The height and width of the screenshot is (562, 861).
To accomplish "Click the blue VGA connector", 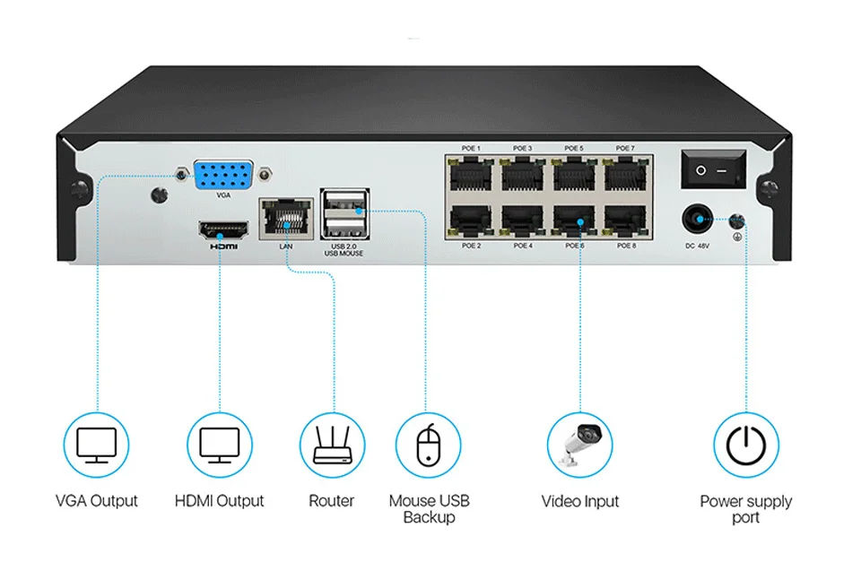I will click(x=222, y=174).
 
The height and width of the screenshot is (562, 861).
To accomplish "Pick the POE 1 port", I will click(x=471, y=173).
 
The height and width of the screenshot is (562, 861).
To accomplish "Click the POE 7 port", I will click(x=625, y=173).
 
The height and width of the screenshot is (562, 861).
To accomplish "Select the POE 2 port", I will click(x=471, y=220).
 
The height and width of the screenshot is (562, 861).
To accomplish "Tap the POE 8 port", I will click(x=625, y=220).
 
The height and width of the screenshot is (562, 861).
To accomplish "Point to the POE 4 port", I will click(x=523, y=220).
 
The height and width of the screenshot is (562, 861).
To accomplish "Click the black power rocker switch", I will click(x=713, y=169).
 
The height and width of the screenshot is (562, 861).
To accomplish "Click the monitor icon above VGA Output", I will click(x=96, y=445).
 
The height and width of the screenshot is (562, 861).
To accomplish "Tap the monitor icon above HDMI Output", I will click(x=219, y=445).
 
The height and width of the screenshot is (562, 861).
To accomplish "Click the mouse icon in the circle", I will click(x=428, y=445).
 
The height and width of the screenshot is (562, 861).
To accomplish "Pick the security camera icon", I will click(x=580, y=445).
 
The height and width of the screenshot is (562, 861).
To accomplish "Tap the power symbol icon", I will click(x=745, y=445).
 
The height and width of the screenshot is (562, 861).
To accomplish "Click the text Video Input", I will click(x=580, y=501).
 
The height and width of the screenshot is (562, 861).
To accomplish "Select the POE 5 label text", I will click(x=574, y=148).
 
